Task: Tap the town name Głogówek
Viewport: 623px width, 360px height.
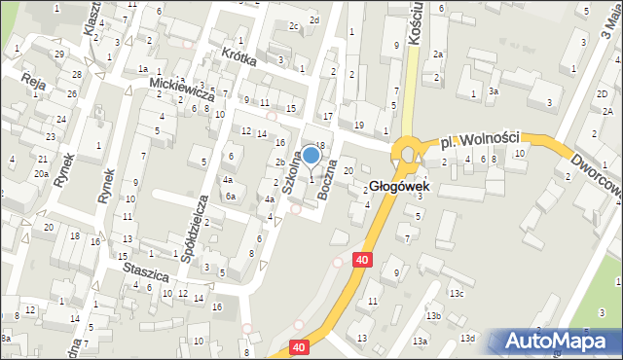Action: click(x=397, y=187)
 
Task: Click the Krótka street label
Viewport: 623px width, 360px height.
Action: click(x=238, y=56)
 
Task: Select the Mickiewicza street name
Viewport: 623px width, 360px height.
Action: click(x=181, y=91)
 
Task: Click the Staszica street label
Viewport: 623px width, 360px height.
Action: click(x=145, y=270)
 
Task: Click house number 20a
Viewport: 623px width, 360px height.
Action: click(x=41, y=173)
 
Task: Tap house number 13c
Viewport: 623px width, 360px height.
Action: click(x=456, y=294)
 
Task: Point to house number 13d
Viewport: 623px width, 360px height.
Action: click(x=467, y=338)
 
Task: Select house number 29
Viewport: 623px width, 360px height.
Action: click(x=59, y=53)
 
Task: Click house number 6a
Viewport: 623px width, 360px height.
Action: click(x=232, y=197)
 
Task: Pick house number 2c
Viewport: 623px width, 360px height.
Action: click(x=294, y=25)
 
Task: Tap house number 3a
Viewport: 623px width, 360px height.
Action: click(x=494, y=91)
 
